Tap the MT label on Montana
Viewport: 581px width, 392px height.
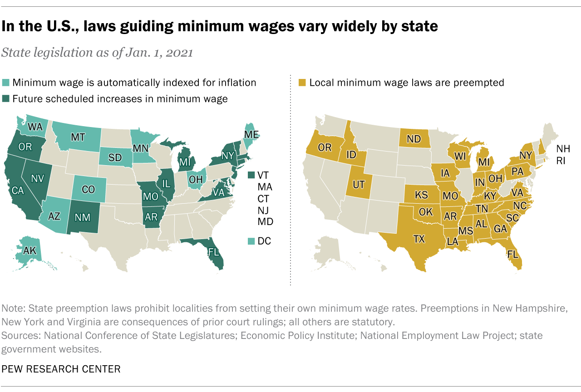point(78,137)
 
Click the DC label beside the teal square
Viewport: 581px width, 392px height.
point(264,241)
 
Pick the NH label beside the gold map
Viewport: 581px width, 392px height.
point(563,149)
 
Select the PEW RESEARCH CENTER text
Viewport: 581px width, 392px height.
point(61,369)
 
